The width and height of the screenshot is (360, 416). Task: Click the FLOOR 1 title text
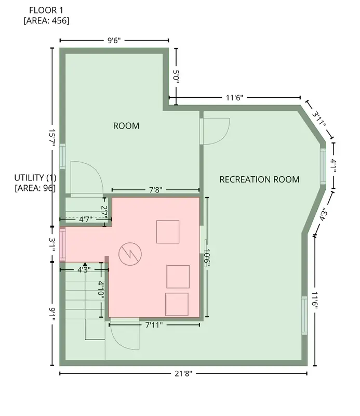click(46, 10)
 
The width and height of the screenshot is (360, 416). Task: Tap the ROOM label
click(126, 126)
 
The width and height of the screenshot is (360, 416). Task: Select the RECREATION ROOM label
click(259, 179)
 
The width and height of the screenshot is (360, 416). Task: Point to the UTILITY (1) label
click(35, 177)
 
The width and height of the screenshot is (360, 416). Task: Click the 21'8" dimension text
click(183, 373)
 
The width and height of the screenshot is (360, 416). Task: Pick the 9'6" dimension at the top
click(114, 41)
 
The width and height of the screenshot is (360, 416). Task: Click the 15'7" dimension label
click(52, 138)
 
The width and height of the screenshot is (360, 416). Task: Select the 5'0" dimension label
click(176, 76)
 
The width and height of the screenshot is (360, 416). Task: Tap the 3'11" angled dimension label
click(319, 119)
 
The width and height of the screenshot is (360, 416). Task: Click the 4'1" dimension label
click(333, 165)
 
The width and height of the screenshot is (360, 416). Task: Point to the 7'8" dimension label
click(156, 190)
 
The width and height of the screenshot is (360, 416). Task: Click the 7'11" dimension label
click(154, 324)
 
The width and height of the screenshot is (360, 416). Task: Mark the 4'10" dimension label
click(101, 290)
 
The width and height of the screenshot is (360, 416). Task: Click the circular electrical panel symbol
click(130, 254)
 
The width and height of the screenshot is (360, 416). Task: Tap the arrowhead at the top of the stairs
click(85, 264)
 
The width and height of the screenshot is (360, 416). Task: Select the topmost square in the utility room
click(168, 231)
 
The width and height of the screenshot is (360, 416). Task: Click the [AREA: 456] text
click(46, 21)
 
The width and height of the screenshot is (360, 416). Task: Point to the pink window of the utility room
click(62, 244)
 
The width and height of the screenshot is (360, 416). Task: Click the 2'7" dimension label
click(104, 212)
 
